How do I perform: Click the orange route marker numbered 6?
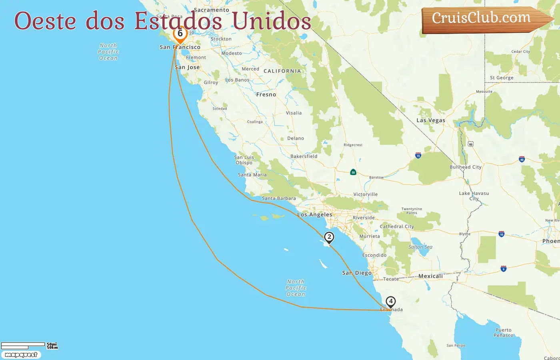[180, 34]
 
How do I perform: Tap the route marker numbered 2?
[329, 237]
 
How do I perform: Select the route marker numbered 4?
[390, 302]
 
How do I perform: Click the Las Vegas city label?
[430, 120]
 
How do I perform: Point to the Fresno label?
[266, 95]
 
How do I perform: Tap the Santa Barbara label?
[279, 198]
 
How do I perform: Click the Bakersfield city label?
[304, 156]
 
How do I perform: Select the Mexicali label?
[430, 276]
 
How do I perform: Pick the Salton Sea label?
[420, 247]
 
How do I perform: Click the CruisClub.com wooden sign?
[482, 19]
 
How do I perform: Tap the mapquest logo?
[21, 355]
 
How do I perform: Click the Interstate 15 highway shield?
[418, 155]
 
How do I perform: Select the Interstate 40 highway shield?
[522, 159]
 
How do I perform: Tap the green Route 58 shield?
[353, 172]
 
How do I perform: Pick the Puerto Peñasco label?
[503, 333]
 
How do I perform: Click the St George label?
[502, 78]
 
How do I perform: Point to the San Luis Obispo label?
[244, 160]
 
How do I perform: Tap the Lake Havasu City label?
[474, 196]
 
